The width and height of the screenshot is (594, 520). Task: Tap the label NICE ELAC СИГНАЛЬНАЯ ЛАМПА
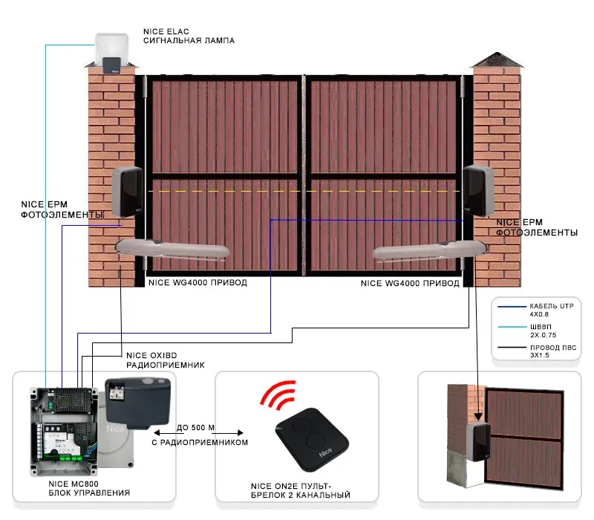[188, 36]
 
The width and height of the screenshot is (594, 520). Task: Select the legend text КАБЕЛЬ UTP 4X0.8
[546, 310]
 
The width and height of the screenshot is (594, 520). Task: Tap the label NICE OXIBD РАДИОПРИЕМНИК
[165, 360]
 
